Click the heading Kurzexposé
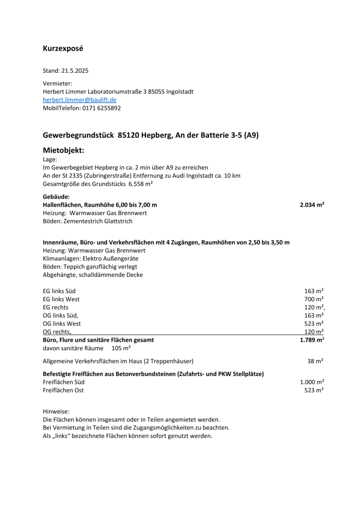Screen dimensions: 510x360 63,49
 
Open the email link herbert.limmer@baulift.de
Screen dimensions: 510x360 80,100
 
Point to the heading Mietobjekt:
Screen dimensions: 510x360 64,150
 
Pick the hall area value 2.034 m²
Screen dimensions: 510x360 312,205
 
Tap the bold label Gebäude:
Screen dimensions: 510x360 56,197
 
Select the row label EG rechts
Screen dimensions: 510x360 56,307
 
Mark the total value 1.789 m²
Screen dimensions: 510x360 312,340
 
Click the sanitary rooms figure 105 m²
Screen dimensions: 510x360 121,348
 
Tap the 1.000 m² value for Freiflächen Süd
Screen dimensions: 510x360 312,382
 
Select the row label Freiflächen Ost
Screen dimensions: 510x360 63,390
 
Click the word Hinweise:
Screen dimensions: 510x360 56,411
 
